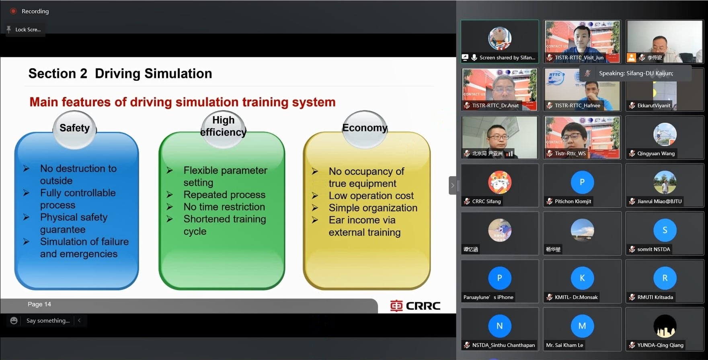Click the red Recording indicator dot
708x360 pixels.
(x=13, y=11)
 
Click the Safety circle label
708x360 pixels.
(x=74, y=128)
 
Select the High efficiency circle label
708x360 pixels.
(x=223, y=126)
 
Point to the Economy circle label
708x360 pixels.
(x=365, y=128)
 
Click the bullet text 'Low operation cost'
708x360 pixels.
(x=371, y=196)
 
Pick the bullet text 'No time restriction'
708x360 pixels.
(x=224, y=207)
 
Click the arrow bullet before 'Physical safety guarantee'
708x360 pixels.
(x=27, y=217)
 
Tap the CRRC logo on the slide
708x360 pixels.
(x=415, y=306)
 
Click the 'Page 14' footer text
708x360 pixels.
(x=39, y=304)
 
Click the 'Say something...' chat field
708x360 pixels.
(x=48, y=321)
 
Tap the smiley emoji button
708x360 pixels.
(x=14, y=321)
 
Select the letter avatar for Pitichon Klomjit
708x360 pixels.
(x=582, y=182)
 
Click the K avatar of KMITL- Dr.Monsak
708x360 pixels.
(x=582, y=278)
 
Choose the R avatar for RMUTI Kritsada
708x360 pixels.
(x=665, y=278)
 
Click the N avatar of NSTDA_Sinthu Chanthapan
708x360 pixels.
(x=499, y=326)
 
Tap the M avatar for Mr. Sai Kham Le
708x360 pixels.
(x=582, y=326)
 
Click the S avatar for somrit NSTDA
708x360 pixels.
(x=665, y=230)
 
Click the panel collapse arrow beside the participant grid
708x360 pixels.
(x=453, y=185)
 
